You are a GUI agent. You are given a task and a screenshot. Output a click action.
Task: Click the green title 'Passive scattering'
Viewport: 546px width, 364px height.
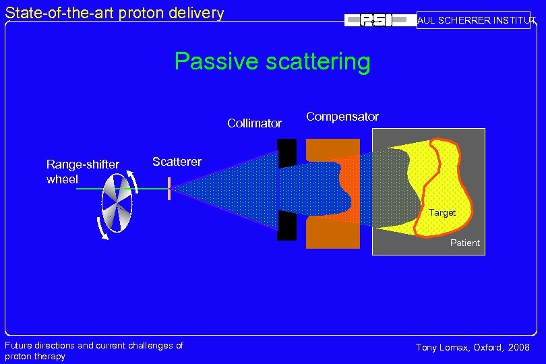(272, 61)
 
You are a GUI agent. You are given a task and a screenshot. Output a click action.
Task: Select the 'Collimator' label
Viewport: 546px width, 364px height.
(254, 123)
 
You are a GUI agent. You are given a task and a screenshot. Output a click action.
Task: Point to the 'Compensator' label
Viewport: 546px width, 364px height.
(342, 117)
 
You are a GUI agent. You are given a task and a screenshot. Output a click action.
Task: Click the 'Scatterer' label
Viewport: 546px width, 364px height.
(177, 162)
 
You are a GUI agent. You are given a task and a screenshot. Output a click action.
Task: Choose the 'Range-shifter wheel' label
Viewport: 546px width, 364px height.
(82, 172)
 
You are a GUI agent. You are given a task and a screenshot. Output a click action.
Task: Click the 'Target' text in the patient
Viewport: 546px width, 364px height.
(442, 213)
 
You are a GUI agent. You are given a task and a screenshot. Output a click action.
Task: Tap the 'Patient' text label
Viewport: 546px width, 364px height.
(465, 243)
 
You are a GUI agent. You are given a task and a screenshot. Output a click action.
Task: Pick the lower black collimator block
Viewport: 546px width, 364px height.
(286, 226)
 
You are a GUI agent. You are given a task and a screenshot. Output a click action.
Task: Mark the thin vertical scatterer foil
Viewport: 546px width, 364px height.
(169, 189)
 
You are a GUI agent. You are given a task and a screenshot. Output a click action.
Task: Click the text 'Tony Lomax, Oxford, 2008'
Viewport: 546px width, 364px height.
(473, 347)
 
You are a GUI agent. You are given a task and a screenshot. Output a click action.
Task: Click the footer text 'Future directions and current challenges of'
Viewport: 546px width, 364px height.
(94, 345)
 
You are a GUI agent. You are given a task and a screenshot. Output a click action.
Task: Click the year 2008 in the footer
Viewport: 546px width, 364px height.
(518, 347)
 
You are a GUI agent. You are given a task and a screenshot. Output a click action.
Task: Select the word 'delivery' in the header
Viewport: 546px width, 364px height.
(195, 12)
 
